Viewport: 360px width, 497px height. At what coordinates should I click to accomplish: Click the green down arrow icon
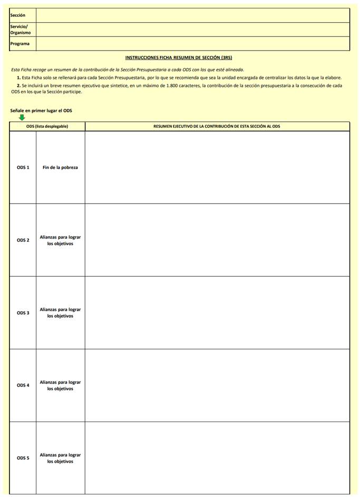point(22,117)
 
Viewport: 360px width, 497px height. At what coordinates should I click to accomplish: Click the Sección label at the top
point(17,15)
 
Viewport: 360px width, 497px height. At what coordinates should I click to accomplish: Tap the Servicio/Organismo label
point(20,30)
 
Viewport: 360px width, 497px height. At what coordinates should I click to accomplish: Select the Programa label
point(20,44)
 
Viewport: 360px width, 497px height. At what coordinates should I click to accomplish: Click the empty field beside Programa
point(192,44)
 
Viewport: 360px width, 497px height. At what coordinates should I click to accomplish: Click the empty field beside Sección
point(192,15)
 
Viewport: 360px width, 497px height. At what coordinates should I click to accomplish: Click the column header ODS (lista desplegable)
point(47,127)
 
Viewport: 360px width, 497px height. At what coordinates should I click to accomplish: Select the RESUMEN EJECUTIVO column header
point(217,127)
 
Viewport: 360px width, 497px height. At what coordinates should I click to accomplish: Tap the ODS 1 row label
point(23,168)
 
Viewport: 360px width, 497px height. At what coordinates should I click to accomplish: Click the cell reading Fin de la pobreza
point(60,168)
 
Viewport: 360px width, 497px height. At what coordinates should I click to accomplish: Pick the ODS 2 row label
point(23,240)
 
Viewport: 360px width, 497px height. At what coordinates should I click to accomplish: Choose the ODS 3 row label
point(23,313)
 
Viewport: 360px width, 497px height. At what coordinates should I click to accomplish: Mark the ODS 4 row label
point(23,385)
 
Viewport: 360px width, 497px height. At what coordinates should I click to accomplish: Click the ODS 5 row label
point(23,458)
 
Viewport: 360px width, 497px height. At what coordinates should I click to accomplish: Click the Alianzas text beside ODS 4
point(60,385)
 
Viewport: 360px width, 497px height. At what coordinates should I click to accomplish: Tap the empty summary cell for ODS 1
point(217,168)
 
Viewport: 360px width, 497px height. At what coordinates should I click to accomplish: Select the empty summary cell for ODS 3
point(217,313)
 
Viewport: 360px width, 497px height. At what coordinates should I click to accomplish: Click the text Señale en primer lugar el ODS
point(41,111)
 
